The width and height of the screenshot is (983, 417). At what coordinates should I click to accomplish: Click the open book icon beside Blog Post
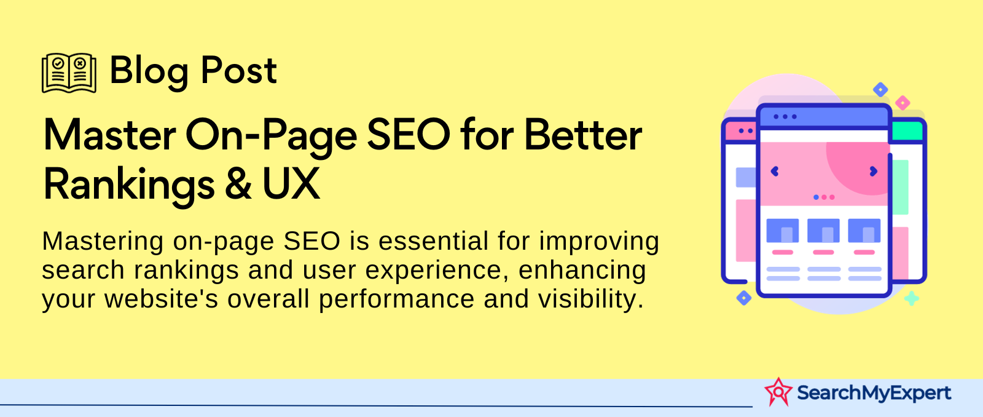[69, 73]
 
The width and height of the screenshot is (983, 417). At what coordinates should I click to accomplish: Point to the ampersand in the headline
[238, 184]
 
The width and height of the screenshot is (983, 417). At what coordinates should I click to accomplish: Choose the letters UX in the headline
[291, 184]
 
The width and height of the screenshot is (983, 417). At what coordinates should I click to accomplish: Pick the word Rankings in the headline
[129, 185]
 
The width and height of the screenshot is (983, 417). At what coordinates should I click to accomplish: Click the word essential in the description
[434, 241]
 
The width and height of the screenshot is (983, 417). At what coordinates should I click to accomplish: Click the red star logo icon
[778, 392]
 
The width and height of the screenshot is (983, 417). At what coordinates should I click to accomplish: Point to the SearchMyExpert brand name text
[874, 393]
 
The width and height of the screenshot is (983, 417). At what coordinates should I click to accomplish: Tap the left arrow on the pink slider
[775, 172]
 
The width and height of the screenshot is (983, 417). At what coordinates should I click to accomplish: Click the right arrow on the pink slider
[873, 172]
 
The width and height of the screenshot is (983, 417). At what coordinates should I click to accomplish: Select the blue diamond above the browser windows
[880, 90]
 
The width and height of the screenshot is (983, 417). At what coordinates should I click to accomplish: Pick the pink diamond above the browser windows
[903, 103]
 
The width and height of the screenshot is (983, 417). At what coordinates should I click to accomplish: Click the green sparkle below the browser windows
[912, 299]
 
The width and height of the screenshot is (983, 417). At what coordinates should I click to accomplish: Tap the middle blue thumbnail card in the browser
[823, 231]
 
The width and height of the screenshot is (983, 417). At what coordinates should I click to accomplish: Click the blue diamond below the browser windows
[743, 298]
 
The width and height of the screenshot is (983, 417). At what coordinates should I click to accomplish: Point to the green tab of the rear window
[907, 131]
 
